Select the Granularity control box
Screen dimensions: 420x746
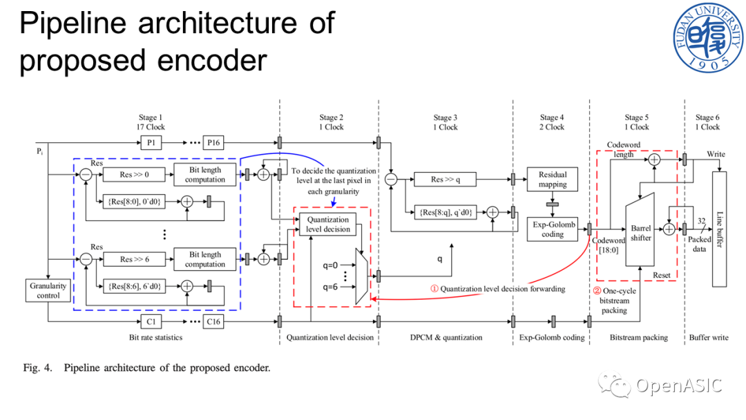pos(48,290)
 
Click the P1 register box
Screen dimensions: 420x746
pos(151,143)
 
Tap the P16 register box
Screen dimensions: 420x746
pos(214,143)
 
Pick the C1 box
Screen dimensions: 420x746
pos(151,321)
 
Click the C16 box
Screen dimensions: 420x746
pos(214,321)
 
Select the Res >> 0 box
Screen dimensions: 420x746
pos(134,175)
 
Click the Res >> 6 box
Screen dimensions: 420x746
pos(134,260)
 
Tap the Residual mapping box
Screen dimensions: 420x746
pos(553,180)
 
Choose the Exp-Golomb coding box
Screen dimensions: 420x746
pos(553,229)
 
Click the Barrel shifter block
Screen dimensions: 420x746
pos(640,232)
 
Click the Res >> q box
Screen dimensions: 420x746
pos(446,180)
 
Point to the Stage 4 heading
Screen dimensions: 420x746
pos(552,122)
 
